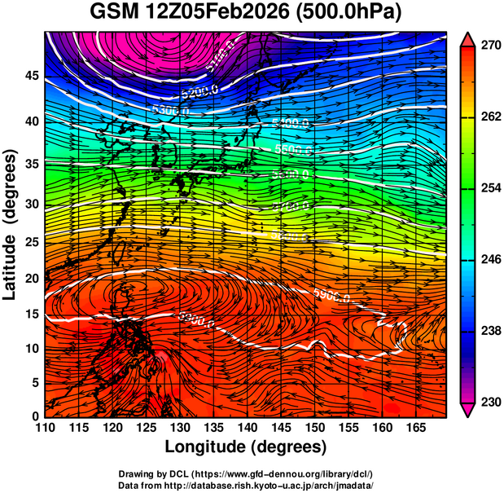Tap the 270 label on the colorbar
tap(490, 46)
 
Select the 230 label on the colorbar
tap(490, 403)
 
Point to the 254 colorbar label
tap(490, 188)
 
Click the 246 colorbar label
tap(490, 260)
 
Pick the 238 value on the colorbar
tap(490, 331)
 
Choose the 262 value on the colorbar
tap(490, 117)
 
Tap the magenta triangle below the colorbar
tap(467, 409)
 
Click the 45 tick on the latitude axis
tap(30, 76)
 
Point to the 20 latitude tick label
tap(30, 279)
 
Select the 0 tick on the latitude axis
tap(34, 416)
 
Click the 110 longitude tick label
tap(45, 428)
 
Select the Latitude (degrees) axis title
tap(11, 224)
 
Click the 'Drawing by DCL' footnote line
tap(246, 473)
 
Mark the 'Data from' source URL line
tap(246, 485)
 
